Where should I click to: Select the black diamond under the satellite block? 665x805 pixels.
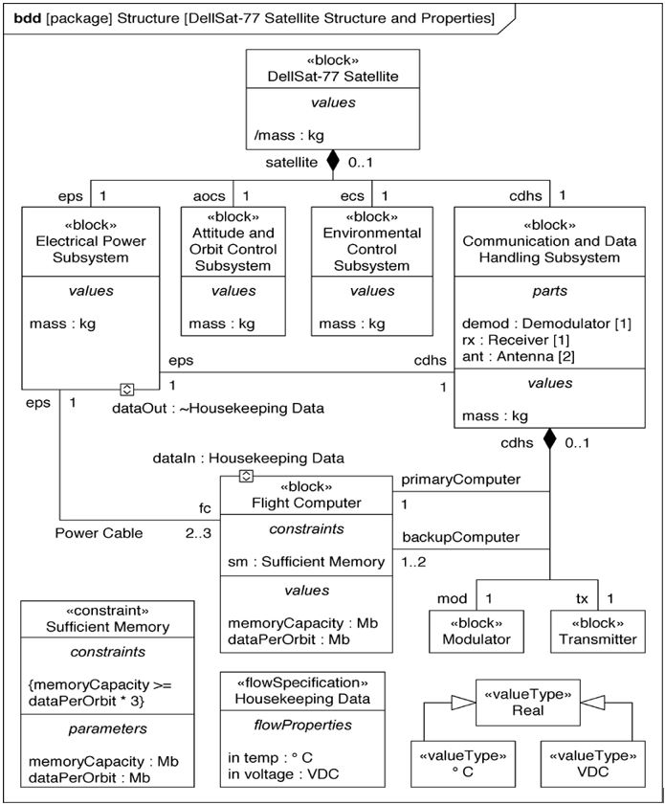click(x=332, y=161)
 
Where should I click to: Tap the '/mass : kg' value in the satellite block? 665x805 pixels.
click(x=289, y=136)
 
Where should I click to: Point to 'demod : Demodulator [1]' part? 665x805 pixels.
click(x=545, y=324)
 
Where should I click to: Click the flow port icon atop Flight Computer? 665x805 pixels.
click(x=246, y=476)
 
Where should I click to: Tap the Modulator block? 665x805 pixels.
click(x=477, y=631)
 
